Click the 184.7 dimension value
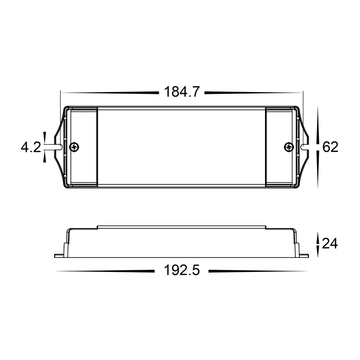[x=181, y=92]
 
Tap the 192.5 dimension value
[x=181, y=270]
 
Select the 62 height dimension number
[x=330, y=147]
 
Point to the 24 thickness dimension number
[x=330, y=243]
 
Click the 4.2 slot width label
[x=31, y=147]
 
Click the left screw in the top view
[x=74, y=147]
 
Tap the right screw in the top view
[x=289, y=147]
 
